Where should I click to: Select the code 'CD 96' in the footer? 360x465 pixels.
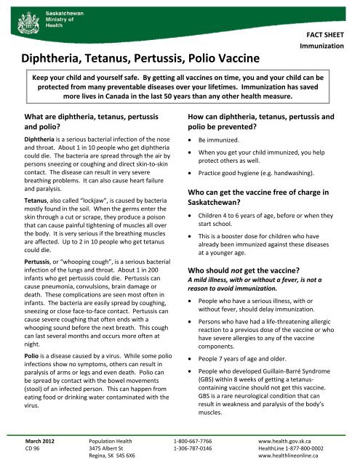34,450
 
